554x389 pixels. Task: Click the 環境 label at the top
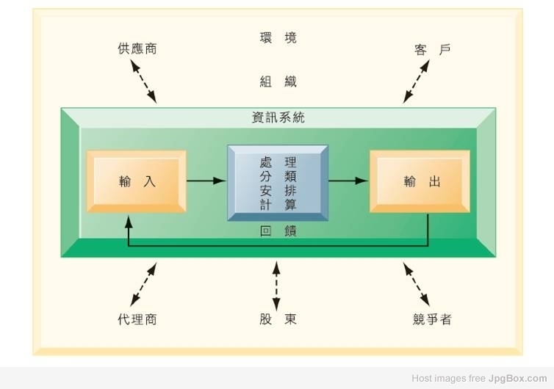(278, 37)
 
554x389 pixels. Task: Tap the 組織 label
(278, 81)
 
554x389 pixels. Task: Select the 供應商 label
(137, 48)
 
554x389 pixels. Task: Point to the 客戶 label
(433, 50)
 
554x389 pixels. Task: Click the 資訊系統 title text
(278, 117)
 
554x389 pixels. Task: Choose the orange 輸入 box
(137, 181)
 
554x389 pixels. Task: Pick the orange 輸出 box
(420, 181)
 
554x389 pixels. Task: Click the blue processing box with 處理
(278, 183)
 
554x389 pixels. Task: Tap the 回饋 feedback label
(278, 231)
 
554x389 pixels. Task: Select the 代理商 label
(137, 319)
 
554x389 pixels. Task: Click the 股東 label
(278, 319)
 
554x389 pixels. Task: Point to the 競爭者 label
(433, 319)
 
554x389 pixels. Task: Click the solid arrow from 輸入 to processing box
(206, 181)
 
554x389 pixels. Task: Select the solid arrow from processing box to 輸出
(349, 181)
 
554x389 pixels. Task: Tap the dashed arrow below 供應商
(143, 81)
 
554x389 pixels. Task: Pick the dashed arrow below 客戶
(417, 81)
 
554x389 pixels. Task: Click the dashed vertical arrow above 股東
(277, 286)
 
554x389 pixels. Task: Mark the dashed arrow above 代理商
(143, 284)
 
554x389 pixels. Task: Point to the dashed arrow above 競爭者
(417, 284)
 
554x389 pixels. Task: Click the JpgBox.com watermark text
(517, 379)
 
